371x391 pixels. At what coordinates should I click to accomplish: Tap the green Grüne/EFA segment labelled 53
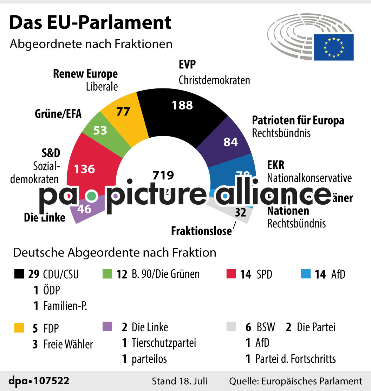100,131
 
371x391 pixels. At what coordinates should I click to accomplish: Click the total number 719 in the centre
163,175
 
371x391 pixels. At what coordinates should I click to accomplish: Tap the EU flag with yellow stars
333,47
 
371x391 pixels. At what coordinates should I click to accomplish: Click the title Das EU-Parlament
90,22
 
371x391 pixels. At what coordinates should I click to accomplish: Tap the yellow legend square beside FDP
19,327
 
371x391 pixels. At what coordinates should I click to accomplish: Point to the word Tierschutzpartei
164,343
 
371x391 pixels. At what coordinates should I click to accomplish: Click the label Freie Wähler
68,344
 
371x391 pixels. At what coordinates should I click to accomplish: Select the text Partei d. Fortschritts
295,359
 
